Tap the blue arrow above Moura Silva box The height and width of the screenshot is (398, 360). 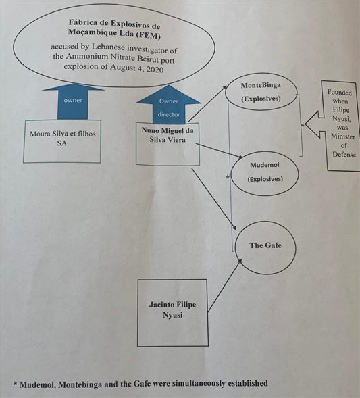pyautogui.click(x=73, y=101)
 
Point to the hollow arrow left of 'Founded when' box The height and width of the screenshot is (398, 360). pyautogui.click(x=314, y=124)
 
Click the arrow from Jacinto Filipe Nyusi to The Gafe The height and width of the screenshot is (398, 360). pyautogui.click(x=225, y=285)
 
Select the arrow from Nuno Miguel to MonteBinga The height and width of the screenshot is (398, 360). pyautogui.click(x=208, y=103)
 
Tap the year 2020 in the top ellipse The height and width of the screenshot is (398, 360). pyautogui.click(x=154, y=70)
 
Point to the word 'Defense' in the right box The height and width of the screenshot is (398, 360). pyautogui.click(x=344, y=154)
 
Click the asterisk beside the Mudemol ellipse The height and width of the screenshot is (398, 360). pyautogui.click(x=228, y=177)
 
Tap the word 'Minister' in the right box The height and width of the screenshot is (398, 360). pyautogui.click(x=342, y=136)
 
